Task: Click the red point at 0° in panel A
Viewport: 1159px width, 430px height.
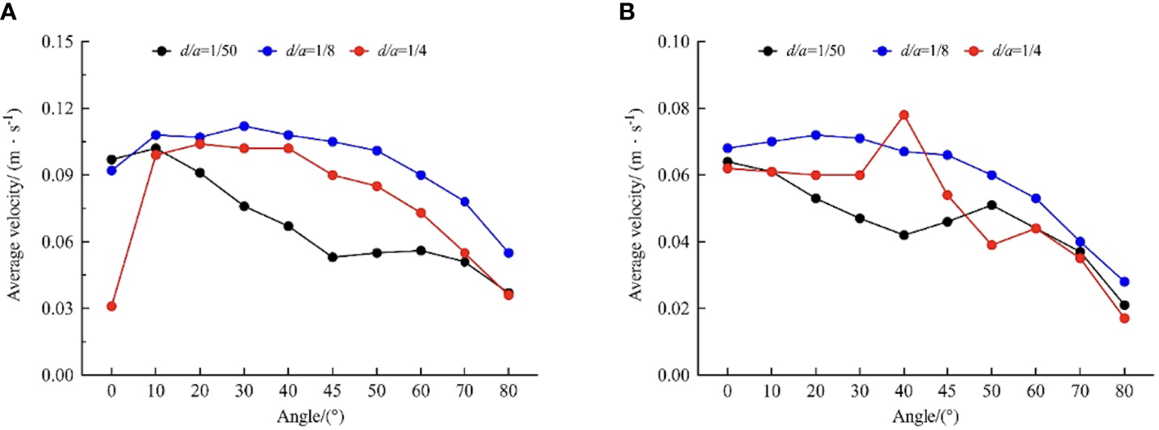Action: coord(111,306)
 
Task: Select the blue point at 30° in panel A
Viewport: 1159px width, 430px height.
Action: coord(244,126)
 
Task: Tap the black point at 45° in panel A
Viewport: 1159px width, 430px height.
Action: coord(333,257)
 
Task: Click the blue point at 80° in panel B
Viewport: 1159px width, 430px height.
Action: coord(1124,281)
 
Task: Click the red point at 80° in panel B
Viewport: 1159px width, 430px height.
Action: coord(1124,318)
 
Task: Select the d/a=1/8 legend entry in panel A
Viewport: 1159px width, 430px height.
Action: coord(305,51)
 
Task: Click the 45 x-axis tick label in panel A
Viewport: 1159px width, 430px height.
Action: coord(333,393)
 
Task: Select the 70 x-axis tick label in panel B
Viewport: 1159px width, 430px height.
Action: coord(1080,393)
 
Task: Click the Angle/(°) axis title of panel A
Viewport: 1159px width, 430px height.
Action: coord(310,416)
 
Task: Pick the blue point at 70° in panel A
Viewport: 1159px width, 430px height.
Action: coord(464,201)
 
